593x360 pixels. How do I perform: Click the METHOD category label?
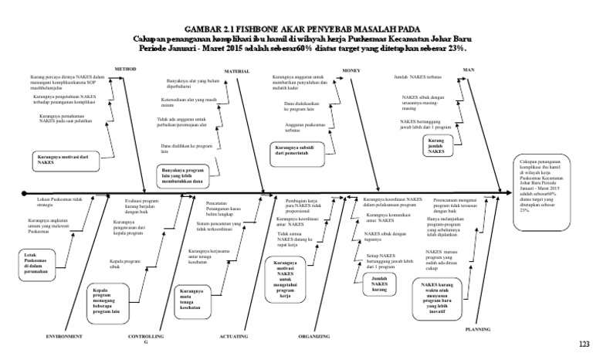click(125, 69)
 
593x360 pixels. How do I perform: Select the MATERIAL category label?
click(236, 70)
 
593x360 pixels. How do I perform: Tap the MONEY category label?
click(352, 70)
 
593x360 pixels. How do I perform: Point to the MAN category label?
click(468, 70)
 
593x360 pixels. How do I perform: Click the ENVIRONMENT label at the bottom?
click(64, 337)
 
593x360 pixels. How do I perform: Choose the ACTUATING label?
click(234, 337)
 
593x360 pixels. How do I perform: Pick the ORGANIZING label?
click(314, 337)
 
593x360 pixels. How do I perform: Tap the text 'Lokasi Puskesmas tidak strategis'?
click(59, 202)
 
